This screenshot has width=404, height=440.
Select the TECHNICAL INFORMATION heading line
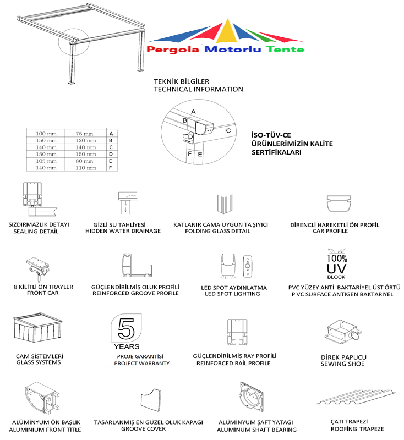click(x=198, y=89)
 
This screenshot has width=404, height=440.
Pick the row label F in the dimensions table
click(x=111, y=168)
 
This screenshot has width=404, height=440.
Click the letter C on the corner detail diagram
click(x=228, y=131)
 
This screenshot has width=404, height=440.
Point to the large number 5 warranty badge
click(x=126, y=329)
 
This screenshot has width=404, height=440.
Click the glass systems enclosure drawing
click(x=37, y=331)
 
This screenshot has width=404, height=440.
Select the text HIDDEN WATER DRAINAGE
click(x=123, y=231)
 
